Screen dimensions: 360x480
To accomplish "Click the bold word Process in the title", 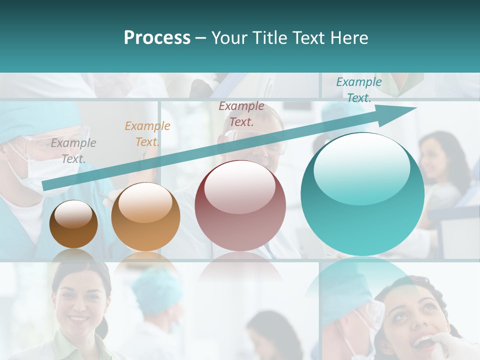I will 157,38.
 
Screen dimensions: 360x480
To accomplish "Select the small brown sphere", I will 73,224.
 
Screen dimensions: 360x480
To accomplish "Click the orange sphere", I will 145,217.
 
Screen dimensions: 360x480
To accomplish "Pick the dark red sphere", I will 240,206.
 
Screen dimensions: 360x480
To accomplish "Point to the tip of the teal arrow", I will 416,107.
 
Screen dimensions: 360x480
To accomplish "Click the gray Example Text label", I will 73,151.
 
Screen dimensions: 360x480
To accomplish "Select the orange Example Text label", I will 147,134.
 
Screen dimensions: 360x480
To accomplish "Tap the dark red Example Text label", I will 241,113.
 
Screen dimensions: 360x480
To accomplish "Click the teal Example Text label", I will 358,90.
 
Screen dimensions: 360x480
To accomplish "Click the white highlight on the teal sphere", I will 361,167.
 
